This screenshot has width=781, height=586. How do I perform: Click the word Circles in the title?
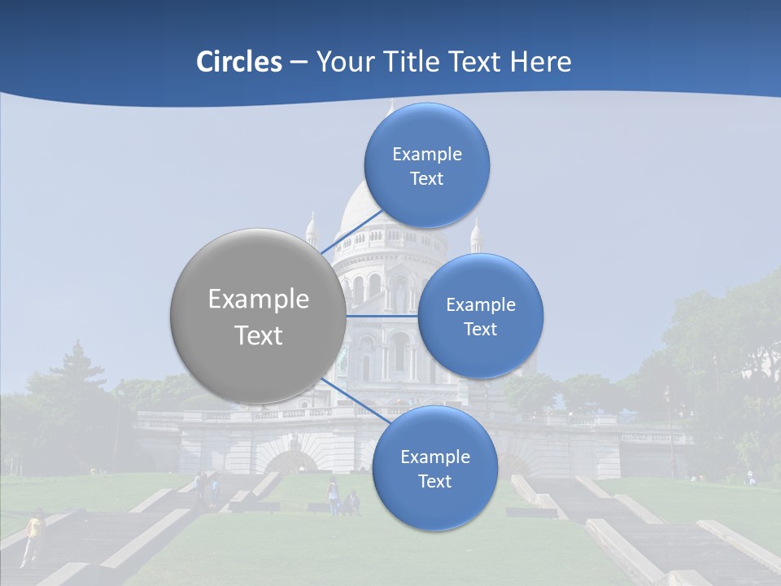(238, 62)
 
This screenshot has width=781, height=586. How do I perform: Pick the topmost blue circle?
(426, 165)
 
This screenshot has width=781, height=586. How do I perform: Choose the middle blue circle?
(480, 316)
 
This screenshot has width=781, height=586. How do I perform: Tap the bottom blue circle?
(434, 468)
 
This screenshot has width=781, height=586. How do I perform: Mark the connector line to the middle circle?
(382, 316)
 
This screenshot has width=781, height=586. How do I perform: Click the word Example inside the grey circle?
(259, 300)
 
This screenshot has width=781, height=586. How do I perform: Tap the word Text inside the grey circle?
(259, 335)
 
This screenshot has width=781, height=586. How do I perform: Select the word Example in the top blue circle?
(427, 155)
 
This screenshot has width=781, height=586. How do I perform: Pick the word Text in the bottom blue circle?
(434, 482)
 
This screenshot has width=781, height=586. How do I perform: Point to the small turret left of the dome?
(311, 231)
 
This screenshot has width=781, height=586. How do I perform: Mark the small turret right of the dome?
(476, 236)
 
